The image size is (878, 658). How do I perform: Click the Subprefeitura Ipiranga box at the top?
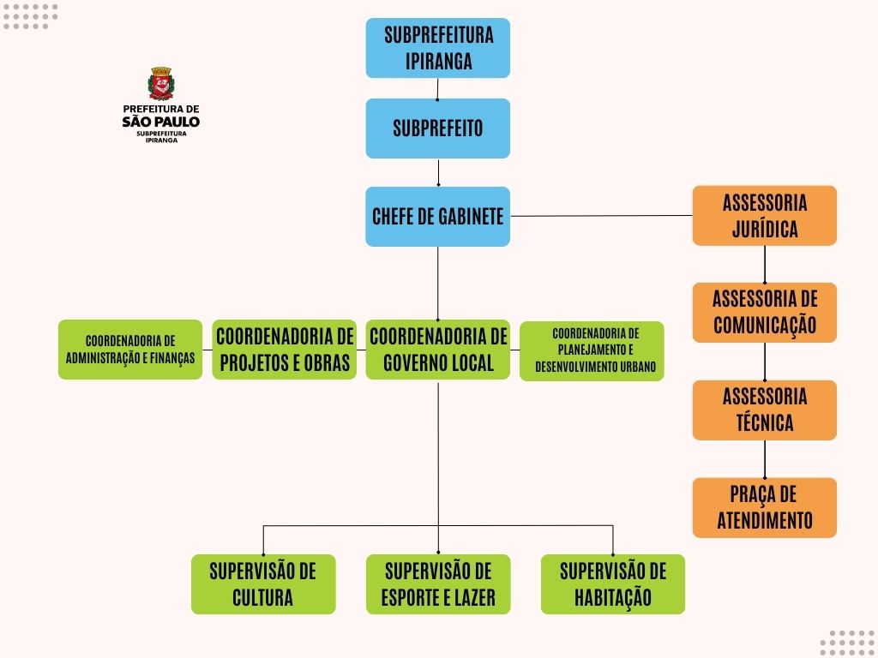438,48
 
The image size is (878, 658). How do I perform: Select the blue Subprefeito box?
438,129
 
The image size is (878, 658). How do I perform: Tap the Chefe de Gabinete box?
438,217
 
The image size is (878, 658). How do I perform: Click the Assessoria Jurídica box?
765,216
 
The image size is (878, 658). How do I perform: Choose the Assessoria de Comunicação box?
765,313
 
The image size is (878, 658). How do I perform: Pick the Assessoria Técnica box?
765,410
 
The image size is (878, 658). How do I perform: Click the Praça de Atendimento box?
765,507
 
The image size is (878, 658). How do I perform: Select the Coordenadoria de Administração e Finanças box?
130,350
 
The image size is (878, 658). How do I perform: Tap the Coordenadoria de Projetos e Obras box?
285,350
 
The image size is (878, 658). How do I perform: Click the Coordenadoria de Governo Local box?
438,350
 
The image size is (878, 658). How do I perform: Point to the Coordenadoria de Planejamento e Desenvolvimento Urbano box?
592,350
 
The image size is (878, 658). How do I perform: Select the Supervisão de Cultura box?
263,584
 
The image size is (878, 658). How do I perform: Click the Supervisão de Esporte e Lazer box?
438,584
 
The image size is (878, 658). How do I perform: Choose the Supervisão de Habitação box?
613,584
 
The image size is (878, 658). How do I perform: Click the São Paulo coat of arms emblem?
161,84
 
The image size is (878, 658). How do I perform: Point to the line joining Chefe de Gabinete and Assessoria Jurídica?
600,216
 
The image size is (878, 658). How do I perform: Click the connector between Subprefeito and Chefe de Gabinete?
438,172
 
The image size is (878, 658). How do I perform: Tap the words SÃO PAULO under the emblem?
161,122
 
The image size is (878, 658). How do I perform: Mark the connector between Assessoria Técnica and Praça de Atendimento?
765,459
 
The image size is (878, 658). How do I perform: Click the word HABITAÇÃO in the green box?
613,597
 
